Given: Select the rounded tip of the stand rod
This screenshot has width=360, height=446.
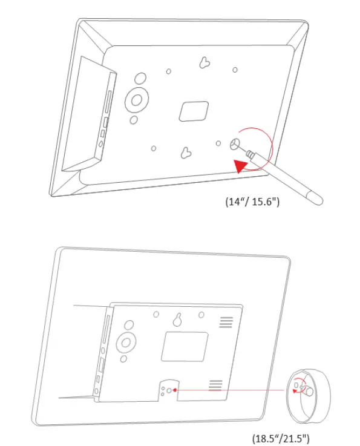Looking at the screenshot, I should (315, 197).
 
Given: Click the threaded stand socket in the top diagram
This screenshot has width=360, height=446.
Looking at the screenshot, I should (235, 144).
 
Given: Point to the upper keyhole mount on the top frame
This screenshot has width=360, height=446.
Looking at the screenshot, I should (206, 62).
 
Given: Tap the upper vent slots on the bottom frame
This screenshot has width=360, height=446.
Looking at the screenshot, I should (226, 322).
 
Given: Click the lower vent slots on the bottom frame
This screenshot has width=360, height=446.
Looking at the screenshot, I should (215, 385).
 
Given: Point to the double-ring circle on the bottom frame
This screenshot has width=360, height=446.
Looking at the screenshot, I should (126, 342).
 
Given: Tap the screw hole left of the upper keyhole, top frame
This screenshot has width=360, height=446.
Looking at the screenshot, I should (170, 71).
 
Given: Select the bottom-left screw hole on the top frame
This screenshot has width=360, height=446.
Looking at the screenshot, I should (154, 148).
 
